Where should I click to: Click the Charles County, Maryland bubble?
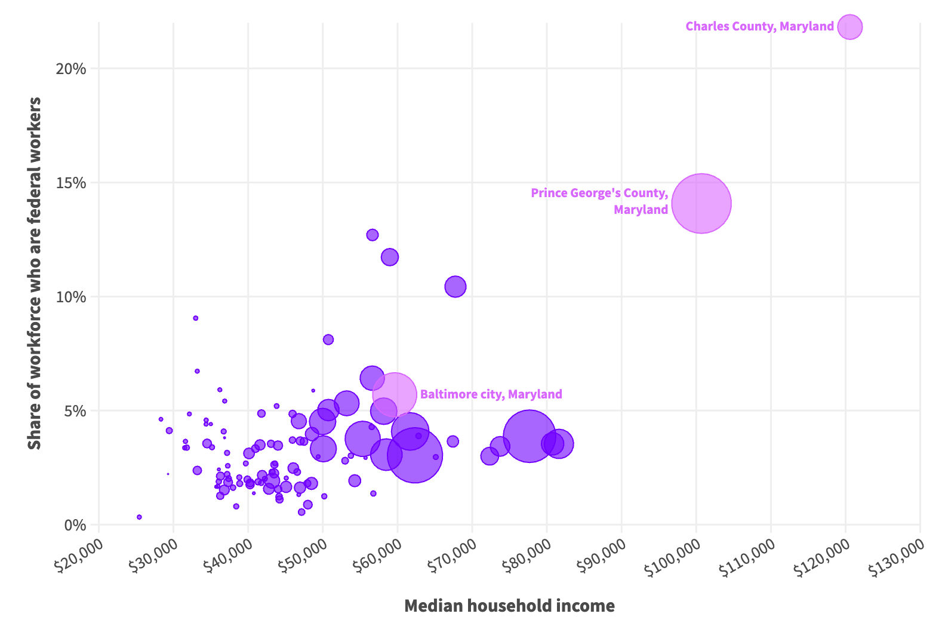coord(849,27)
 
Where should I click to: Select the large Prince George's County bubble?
coord(701,204)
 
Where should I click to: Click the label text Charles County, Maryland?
coord(759,26)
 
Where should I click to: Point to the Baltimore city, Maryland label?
coord(491,394)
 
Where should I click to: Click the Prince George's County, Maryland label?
coord(599,201)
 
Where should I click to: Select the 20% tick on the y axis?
coord(71,69)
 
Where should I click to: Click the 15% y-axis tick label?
coord(71,183)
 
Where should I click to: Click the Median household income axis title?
coord(509,606)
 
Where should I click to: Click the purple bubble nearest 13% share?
coord(373,235)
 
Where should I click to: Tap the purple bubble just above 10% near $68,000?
coord(455,287)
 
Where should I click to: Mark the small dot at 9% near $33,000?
coord(195,318)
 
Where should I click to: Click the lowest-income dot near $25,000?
coord(139,517)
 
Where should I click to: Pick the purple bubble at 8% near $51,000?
coord(328,340)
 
